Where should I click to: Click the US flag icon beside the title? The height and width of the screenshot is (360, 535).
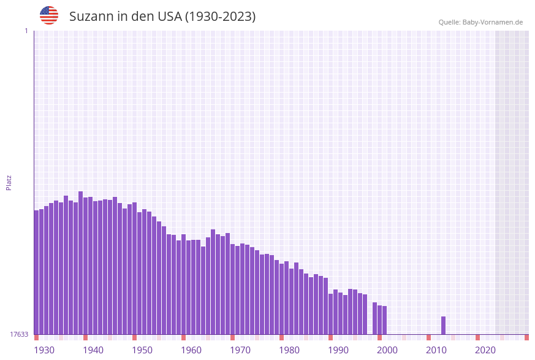tap(49, 15)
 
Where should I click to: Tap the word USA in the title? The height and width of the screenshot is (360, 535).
tap(167, 17)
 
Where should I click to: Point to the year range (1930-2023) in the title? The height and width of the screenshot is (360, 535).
tap(220, 17)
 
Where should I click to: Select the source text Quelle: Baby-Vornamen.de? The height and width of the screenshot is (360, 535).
tap(480, 22)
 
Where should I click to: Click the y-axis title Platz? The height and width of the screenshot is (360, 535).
tap(9, 182)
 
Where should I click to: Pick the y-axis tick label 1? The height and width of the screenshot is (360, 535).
tap(26, 31)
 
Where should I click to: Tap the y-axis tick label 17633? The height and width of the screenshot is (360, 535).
tap(19, 334)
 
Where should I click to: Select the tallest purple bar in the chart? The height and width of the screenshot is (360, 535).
tap(80, 262)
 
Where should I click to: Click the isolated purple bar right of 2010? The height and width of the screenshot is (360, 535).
tap(443, 325)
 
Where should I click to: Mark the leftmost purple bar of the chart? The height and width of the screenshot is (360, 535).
tap(36, 272)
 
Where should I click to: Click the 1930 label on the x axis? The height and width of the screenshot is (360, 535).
tap(44, 350)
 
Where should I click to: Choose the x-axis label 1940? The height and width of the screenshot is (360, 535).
tap(93, 350)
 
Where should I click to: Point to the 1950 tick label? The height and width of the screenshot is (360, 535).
tap(142, 350)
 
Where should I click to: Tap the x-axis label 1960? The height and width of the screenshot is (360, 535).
tap(191, 350)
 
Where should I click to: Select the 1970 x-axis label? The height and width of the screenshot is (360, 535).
tap(240, 350)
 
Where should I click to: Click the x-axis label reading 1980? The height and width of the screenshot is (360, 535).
tap(289, 350)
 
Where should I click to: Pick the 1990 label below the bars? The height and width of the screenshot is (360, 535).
tap(338, 350)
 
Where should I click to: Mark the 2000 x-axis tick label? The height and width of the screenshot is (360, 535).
tap(387, 350)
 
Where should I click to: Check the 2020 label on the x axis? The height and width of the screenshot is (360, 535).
tap(485, 350)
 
